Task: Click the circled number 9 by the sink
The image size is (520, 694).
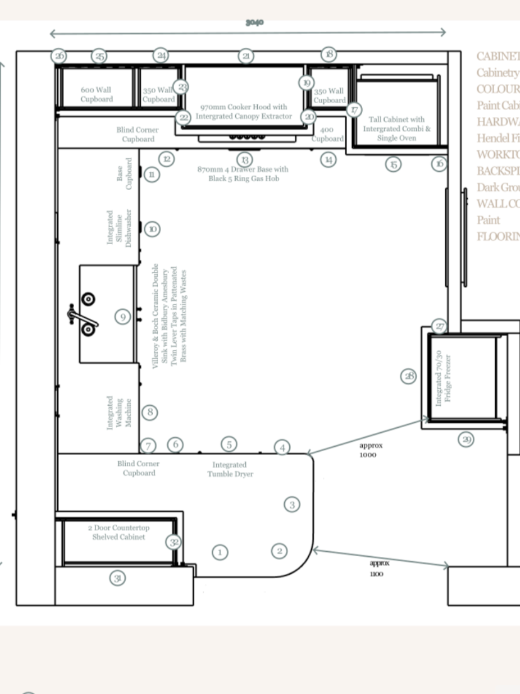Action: tap(123, 316)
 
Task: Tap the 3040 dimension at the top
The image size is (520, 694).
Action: tap(255, 23)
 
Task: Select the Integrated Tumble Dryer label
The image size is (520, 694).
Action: tap(230, 469)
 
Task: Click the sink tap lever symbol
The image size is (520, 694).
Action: tap(82, 315)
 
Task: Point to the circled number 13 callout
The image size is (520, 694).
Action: tap(245, 159)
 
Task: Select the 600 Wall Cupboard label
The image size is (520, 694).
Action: tap(97, 95)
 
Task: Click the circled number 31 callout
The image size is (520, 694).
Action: tap(117, 578)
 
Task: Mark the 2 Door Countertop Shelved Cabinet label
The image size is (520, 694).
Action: tap(118, 532)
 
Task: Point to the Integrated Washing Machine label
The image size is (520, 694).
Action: tap(119, 413)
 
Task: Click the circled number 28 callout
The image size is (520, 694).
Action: tap(409, 376)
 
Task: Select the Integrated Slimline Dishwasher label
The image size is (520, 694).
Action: tap(119, 228)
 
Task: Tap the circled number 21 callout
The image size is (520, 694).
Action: tap(246, 56)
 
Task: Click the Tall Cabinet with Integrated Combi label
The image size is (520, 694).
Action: tap(396, 128)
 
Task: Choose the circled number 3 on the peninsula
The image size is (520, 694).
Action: tap(291, 504)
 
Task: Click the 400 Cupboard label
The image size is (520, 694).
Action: tap(328, 134)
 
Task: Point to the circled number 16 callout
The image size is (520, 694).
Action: tap(439, 164)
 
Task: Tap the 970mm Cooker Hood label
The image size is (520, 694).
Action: tap(243, 111)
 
